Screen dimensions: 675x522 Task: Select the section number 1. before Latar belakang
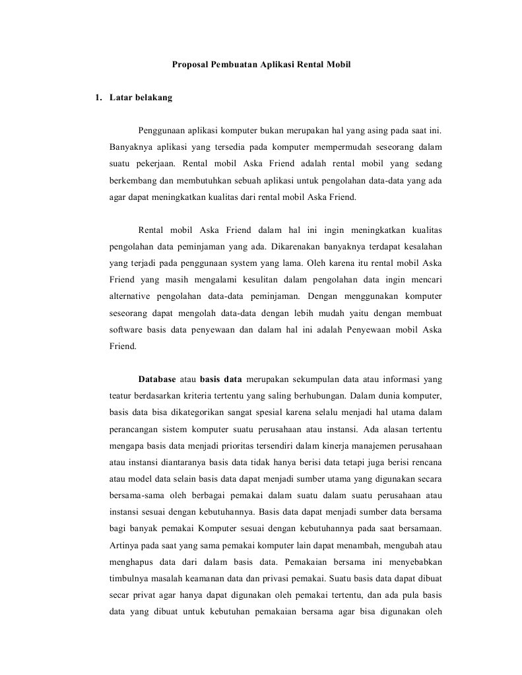98,98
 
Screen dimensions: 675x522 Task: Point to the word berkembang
133,179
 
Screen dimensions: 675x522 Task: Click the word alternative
131,296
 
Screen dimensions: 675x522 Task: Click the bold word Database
157,379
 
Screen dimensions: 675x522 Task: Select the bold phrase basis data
221,379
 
